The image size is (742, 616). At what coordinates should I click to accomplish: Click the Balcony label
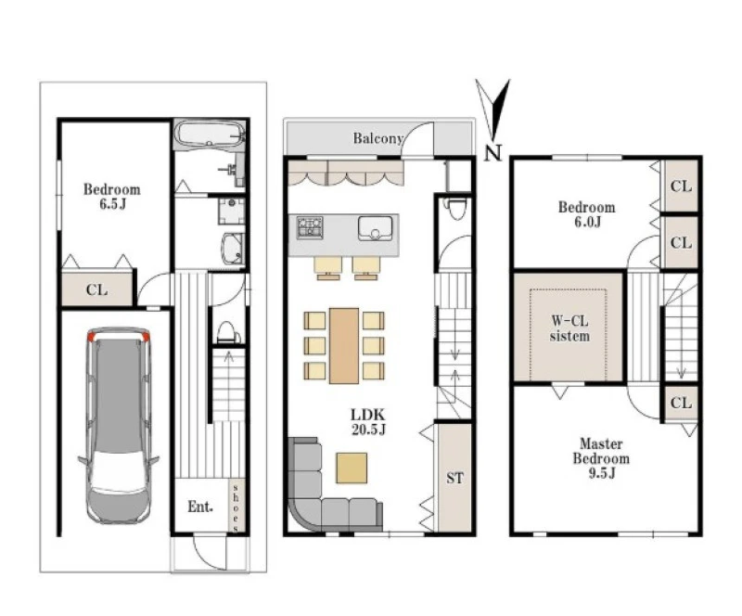point(378,138)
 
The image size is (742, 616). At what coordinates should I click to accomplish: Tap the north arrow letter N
point(493,153)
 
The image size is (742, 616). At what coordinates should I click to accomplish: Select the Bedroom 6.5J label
point(112,197)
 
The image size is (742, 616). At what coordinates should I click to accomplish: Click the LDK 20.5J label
point(368,422)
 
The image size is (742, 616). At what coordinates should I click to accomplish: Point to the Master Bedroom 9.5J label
point(601,458)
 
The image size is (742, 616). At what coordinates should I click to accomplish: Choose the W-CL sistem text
point(569,328)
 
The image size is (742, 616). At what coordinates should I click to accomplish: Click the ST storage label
point(454,478)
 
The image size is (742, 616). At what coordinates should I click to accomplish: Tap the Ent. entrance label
point(200,507)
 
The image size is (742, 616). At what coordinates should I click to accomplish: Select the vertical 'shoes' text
point(236,507)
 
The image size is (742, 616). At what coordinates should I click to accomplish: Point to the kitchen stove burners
point(310,227)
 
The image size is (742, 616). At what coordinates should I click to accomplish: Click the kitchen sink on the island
point(376,228)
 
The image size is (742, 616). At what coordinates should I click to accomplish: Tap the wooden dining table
point(344,346)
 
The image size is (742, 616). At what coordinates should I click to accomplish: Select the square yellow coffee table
point(352,468)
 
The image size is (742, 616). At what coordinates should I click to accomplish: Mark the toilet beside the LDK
point(457,209)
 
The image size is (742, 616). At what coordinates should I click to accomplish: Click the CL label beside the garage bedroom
point(96,289)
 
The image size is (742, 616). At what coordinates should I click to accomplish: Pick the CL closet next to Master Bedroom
point(681,403)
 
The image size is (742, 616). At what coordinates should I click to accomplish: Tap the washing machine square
point(231,212)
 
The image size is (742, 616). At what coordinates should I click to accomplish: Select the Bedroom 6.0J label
point(587,214)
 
